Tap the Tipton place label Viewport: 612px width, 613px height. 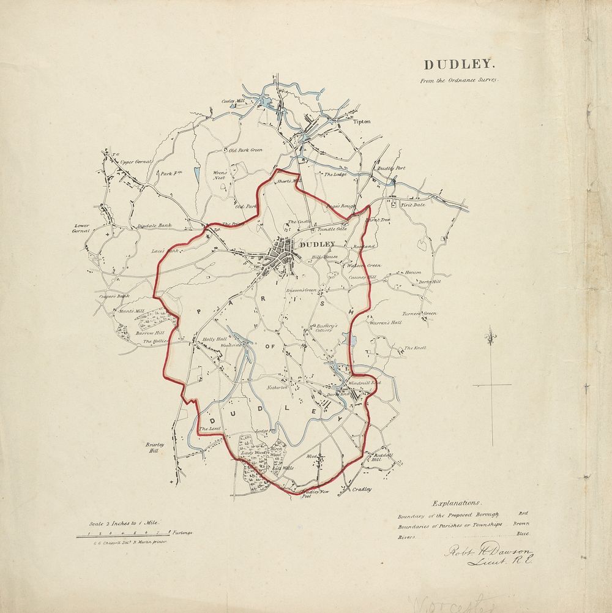tap(362, 122)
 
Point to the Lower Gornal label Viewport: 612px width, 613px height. tap(81, 228)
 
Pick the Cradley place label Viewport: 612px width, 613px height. tap(362, 489)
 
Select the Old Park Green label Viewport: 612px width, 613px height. tap(245, 150)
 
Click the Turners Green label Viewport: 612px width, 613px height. tap(419, 314)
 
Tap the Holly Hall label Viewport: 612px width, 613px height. tap(215, 338)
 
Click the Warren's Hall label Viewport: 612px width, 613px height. tap(385, 322)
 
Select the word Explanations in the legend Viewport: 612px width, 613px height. tap(456, 503)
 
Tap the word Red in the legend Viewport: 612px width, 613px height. tap(523, 513)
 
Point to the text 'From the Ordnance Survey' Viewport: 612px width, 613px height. tap(460, 80)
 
